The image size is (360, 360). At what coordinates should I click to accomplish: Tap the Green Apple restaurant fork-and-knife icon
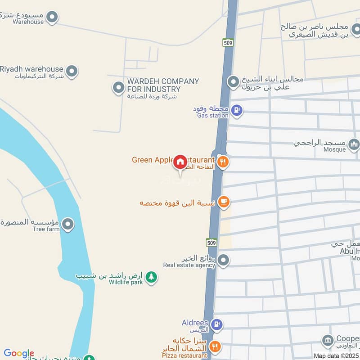pyautogui.click(x=223, y=162)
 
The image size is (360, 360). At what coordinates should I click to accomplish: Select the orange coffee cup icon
pyautogui.click(x=223, y=202)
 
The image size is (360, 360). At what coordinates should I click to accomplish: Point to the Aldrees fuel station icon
pyautogui.click(x=217, y=324)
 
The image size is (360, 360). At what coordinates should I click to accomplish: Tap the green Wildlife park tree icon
pyautogui.click(x=152, y=276)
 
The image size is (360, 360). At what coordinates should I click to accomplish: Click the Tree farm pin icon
pyautogui.click(x=67, y=224)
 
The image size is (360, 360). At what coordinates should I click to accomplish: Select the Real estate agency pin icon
pyautogui.click(x=223, y=260)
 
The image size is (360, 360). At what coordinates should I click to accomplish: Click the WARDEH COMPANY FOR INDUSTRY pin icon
pyautogui.click(x=118, y=87)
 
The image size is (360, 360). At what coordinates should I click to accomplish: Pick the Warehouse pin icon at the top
pyautogui.click(x=53, y=17)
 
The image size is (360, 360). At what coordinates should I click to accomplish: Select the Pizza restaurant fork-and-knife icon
pyautogui.click(x=216, y=346)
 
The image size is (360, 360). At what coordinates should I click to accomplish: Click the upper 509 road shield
pyautogui.click(x=228, y=43)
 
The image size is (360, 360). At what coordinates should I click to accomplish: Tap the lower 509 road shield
pyautogui.click(x=212, y=243)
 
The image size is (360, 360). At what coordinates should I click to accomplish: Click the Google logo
pyautogui.click(x=19, y=354)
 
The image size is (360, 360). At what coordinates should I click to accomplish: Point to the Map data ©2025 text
pyautogui.click(x=335, y=355)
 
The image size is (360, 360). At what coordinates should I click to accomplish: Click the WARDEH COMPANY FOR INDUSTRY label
pyautogui.click(x=163, y=85)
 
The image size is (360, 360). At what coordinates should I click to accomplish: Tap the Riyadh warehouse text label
pyautogui.click(x=31, y=69)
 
